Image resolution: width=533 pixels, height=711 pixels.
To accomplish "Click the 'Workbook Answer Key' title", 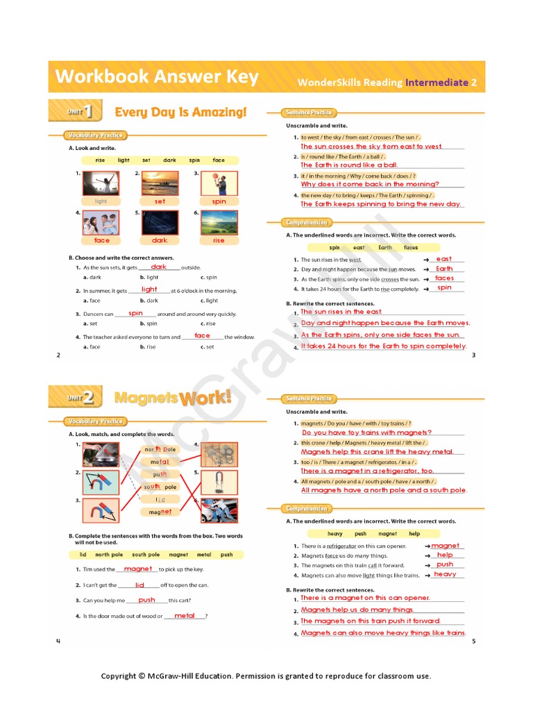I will [x=157, y=76].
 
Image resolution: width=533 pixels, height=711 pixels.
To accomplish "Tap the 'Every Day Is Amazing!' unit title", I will [x=180, y=112].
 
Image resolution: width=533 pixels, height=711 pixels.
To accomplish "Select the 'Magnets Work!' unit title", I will [x=173, y=399].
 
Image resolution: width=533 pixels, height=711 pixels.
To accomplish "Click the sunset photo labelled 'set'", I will [x=160, y=183].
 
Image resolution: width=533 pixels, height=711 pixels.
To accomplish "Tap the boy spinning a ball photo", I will [x=219, y=183].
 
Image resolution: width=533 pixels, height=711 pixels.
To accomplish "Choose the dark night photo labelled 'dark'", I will [x=160, y=223].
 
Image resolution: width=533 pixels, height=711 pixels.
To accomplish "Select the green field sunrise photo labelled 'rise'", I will [x=219, y=223].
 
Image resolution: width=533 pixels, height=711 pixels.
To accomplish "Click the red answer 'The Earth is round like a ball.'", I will [x=349, y=165].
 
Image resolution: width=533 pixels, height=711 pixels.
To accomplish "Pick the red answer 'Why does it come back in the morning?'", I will [x=370, y=184].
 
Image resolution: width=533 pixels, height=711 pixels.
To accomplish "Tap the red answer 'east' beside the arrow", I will [x=443, y=259].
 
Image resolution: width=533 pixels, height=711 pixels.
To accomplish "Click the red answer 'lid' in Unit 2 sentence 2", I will [x=139, y=585].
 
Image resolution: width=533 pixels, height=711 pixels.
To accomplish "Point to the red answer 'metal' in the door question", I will [x=185, y=616].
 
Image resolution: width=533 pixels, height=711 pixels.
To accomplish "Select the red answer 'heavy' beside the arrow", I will [x=445, y=574].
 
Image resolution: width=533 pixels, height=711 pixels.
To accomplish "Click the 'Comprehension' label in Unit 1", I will [x=306, y=223].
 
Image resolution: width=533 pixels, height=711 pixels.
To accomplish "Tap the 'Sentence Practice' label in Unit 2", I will [x=309, y=399].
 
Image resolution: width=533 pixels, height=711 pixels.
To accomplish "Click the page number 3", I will [x=473, y=355].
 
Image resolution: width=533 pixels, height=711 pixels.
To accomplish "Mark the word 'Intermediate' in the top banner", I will [x=437, y=83].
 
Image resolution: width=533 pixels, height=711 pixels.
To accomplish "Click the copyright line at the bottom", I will [x=266, y=676].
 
